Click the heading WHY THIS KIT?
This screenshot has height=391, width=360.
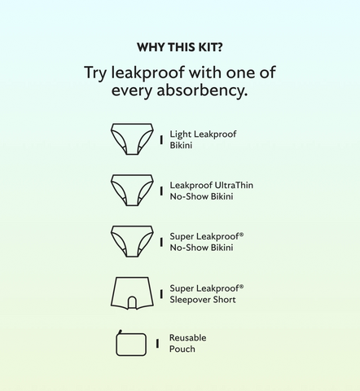[180, 47]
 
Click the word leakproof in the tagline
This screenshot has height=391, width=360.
[148, 73]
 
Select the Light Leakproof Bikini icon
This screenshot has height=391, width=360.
[132, 139]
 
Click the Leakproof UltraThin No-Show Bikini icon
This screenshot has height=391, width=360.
[132, 190]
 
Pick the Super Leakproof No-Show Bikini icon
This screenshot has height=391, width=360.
[132, 241]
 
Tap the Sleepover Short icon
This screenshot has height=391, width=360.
[132, 293]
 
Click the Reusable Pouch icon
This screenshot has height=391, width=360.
[131, 343]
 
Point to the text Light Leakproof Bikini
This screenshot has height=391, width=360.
[203, 139]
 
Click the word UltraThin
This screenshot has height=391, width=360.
[234, 185]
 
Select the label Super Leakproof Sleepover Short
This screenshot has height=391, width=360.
[207, 294]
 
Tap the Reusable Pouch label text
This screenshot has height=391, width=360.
[188, 343]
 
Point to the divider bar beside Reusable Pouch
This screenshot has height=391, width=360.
[157, 344]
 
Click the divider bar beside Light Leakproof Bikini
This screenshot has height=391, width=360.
[161, 140]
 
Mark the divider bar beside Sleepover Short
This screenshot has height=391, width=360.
[161, 294]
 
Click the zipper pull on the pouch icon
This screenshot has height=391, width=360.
[121, 332]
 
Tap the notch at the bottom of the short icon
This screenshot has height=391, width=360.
[132, 303]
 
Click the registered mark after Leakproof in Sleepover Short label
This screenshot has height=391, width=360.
[242, 286]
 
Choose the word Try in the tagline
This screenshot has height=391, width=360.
[95, 73]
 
